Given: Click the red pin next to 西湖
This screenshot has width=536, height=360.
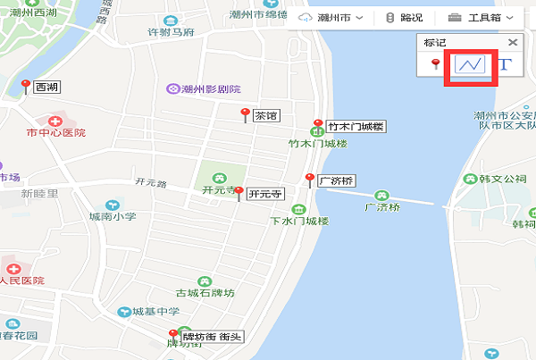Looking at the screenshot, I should click(26, 86).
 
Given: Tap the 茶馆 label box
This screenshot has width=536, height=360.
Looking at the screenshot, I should click(267, 115).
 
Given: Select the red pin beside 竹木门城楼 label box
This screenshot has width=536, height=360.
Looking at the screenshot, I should click(317, 125).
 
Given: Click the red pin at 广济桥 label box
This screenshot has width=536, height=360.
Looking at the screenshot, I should click(309, 179).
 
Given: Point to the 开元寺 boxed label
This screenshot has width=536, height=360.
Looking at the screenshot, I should click(265, 193).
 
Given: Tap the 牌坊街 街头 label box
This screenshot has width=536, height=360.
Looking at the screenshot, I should click(212, 338).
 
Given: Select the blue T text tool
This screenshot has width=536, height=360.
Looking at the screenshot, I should click(506, 65).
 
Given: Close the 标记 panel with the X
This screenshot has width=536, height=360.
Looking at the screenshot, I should click(513, 42).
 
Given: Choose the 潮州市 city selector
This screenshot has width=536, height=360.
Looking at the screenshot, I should click(333, 18).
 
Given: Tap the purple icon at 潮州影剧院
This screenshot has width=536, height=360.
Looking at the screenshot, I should click(172, 88).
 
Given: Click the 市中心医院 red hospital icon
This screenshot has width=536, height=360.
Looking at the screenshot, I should click(55, 121).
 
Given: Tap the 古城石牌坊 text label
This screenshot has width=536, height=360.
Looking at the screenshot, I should click(204, 293).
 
